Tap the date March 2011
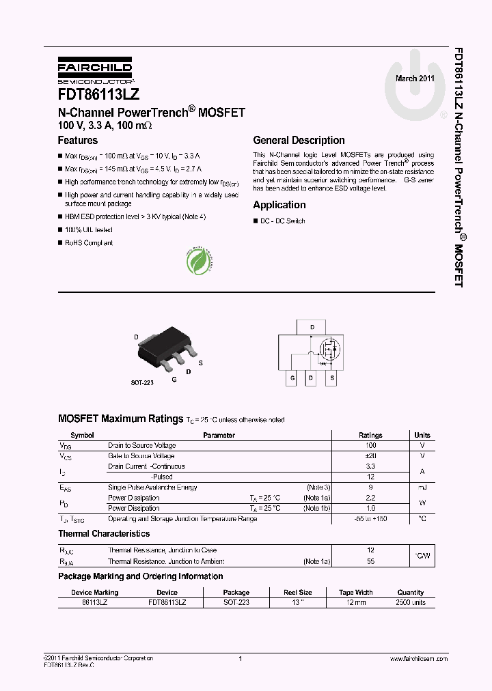(x=415, y=79)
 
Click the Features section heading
(x=77, y=141)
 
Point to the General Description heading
(x=299, y=141)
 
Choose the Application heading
(x=279, y=205)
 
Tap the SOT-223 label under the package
(x=142, y=383)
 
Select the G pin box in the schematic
(x=292, y=378)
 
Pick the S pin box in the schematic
(x=332, y=378)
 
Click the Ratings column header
(x=370, y=435)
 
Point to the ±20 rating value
(x=370, y=456)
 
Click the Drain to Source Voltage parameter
(x=141, y=445)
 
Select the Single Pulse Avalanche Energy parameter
(x=152, y=488)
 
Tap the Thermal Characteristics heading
(x=104, y=533)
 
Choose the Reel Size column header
(x=297, y=593)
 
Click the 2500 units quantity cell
(x=410, y=603)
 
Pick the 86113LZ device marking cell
(x=94, y=603)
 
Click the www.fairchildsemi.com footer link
(x=418, y=659)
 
